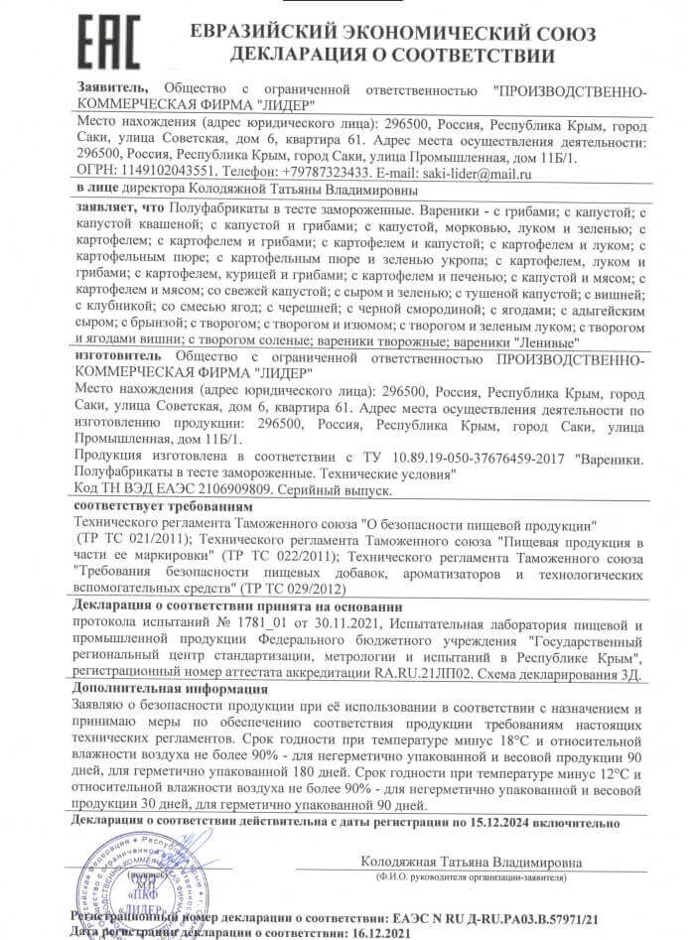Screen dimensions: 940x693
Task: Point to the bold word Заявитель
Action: point(113,88)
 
